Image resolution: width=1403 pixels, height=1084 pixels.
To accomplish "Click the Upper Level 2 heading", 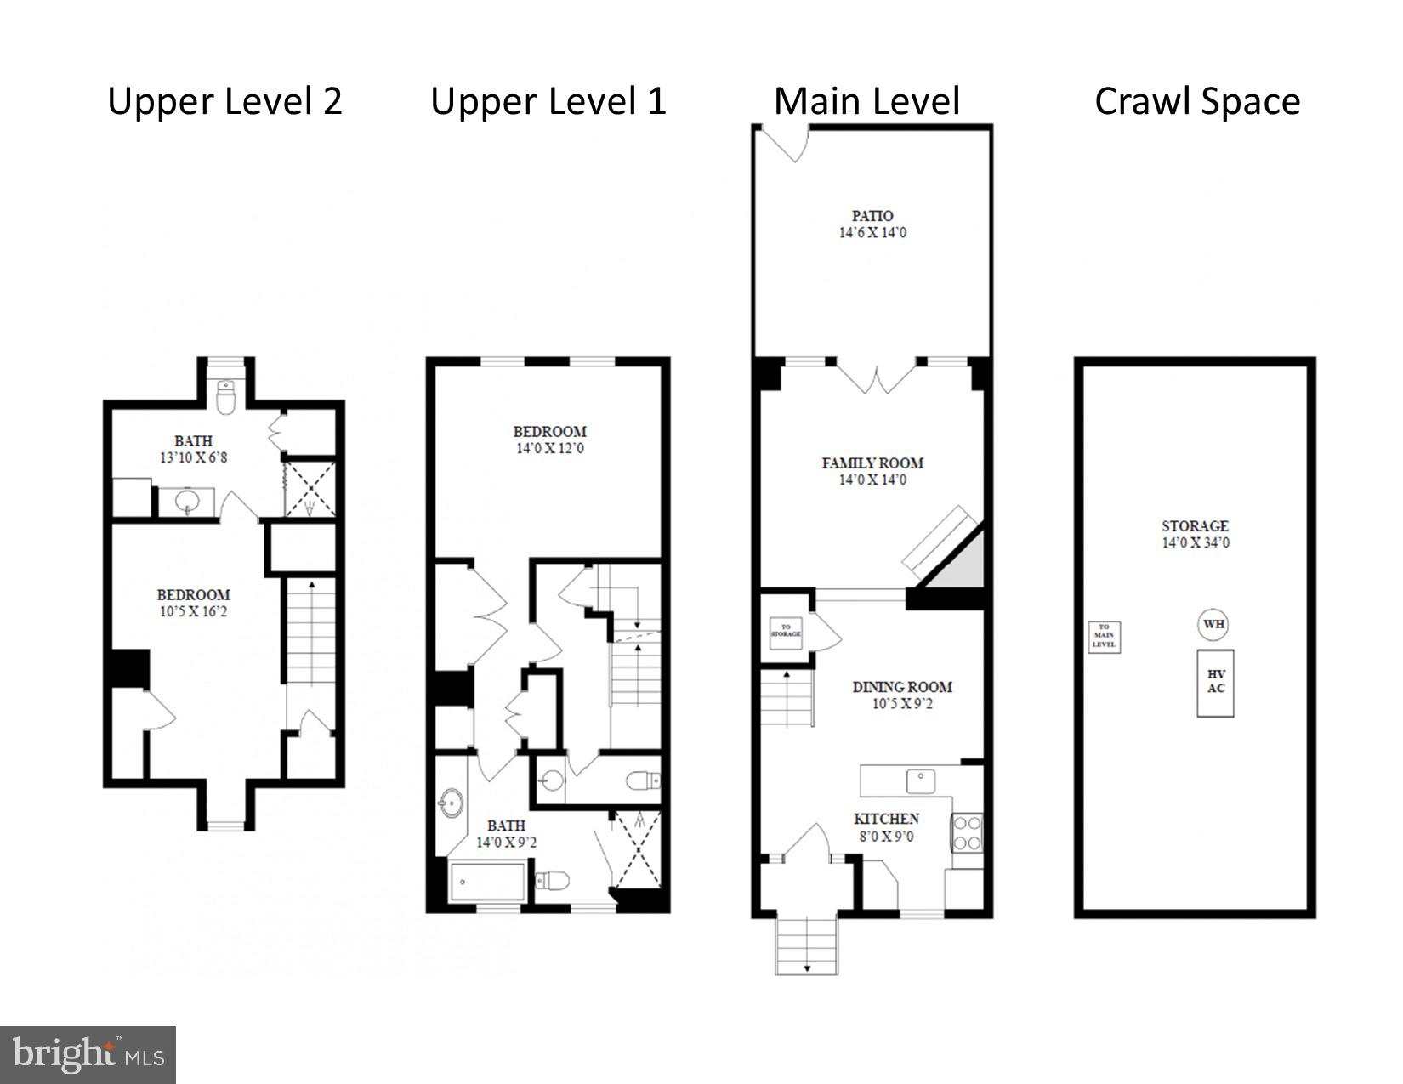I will point(224,101).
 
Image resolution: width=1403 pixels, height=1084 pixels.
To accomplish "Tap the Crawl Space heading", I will point(1196,101).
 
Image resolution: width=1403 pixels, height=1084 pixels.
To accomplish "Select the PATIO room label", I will point(872,216).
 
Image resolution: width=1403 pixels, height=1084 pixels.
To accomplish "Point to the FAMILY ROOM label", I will point(872,463).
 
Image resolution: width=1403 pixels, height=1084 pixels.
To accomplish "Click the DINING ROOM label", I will point(902,687).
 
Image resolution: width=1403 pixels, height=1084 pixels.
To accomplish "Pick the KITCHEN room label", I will point(886,819).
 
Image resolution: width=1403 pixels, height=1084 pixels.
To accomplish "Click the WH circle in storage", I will point(1213,624).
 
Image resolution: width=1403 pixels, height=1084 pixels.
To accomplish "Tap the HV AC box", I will point(1215,683).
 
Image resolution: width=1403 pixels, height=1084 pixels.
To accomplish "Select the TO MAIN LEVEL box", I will point(1104,637).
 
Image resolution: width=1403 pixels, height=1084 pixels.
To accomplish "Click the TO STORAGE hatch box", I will point(786,632).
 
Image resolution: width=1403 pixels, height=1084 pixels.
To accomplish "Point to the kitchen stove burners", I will point(967,832).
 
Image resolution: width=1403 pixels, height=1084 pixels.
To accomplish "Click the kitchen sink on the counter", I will point(920,778).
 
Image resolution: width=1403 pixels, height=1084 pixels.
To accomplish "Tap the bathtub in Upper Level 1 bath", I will point(487,883).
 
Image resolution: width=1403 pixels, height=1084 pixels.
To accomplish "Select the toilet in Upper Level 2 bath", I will point(225,398).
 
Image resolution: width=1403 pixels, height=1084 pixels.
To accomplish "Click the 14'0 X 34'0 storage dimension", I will point(1195,543).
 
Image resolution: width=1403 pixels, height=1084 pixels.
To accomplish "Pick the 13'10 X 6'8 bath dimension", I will point(193,457).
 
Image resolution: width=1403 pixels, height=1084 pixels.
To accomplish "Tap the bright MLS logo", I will point(88,1055).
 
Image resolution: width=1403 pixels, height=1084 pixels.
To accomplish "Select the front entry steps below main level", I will point(807,945).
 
